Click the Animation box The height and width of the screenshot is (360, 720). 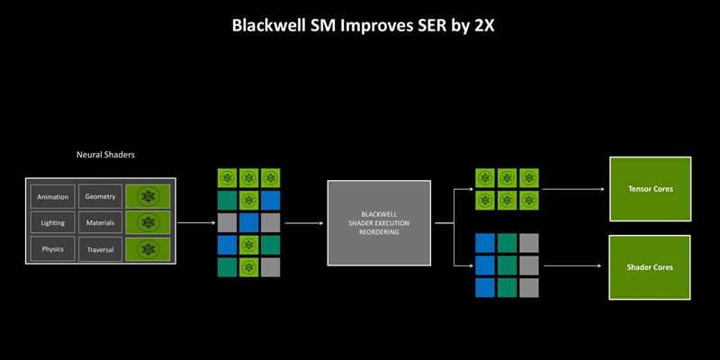point(52,196)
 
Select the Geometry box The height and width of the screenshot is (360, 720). point(100,196)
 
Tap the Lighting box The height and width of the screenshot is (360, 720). point(52,222)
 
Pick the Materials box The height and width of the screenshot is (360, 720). point(100,222)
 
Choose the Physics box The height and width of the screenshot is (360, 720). point(52,248)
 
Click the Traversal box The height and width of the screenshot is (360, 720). point(100,248)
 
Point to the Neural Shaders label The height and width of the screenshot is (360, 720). point(105,155)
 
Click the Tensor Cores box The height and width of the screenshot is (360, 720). point(650,189)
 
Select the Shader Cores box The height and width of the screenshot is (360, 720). point(650,267)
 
